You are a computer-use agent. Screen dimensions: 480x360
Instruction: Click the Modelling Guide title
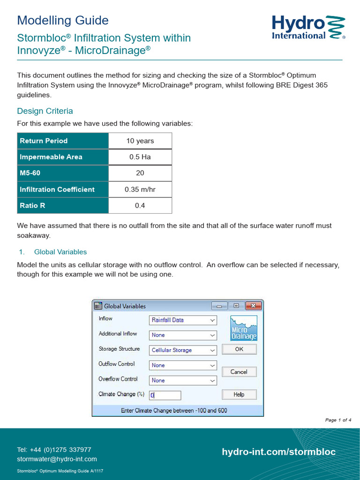coord(63,20)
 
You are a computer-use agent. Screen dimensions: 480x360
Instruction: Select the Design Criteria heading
coord(45,111)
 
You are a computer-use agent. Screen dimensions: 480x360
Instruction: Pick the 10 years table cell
coord(140,141)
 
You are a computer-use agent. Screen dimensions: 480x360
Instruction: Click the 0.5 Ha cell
coord(140,157)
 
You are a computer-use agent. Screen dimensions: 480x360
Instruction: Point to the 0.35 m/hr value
coord(140,189)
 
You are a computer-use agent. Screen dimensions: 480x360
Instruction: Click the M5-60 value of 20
coord(140,173)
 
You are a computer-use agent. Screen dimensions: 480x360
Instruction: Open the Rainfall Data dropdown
coord(183,320)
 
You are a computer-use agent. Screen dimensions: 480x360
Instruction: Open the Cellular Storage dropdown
coord(183,350)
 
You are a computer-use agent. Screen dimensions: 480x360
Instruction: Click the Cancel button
coord(239,372)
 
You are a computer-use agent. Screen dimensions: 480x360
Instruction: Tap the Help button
coord(239,394)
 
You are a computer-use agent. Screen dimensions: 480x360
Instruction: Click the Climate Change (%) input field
coord(165,395)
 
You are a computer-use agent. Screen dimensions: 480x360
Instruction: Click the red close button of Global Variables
coord(253,306)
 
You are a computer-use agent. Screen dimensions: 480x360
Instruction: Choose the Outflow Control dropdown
coord(183,365)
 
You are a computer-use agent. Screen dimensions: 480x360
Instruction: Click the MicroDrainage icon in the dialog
coord(244,328)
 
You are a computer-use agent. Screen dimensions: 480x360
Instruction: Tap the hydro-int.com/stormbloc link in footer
coord(278,452)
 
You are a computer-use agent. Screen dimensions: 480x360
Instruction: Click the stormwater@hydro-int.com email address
coord(57,459)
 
